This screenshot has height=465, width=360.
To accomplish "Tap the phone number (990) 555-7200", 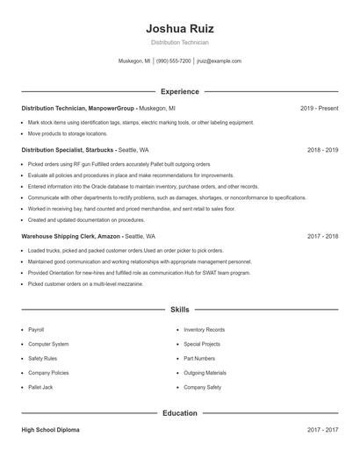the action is [x=174, y=61].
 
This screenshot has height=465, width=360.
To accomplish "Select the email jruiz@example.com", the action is [x=219, y=61].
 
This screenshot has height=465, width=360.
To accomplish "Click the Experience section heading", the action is [x=179, y=91].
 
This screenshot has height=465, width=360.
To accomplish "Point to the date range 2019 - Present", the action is [x=319, y=108].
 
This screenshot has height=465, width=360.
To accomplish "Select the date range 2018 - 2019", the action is [x=322, y=150].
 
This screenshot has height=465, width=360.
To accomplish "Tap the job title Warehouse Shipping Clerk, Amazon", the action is [x=70, y=236].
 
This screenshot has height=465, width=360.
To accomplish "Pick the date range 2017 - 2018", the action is [x=322, y=236].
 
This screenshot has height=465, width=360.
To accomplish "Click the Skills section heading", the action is [x=179, y=310].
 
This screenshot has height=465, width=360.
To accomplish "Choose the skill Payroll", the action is [x=37, y=329].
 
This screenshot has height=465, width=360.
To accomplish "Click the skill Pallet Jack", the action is [x=40, y=386].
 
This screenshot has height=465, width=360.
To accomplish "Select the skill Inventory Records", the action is [x=204, y=329].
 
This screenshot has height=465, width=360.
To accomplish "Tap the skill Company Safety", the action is [x=202, y=386].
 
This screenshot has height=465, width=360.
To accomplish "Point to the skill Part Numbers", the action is [x=199, y=358].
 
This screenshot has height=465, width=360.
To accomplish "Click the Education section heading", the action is [x=179, y=412].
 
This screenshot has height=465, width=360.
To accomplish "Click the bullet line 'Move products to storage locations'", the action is [x=68, y=133].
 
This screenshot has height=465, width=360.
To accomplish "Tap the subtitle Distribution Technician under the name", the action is [x=179, y=42].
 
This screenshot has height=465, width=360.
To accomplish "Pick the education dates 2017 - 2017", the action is [x=322, y=430].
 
